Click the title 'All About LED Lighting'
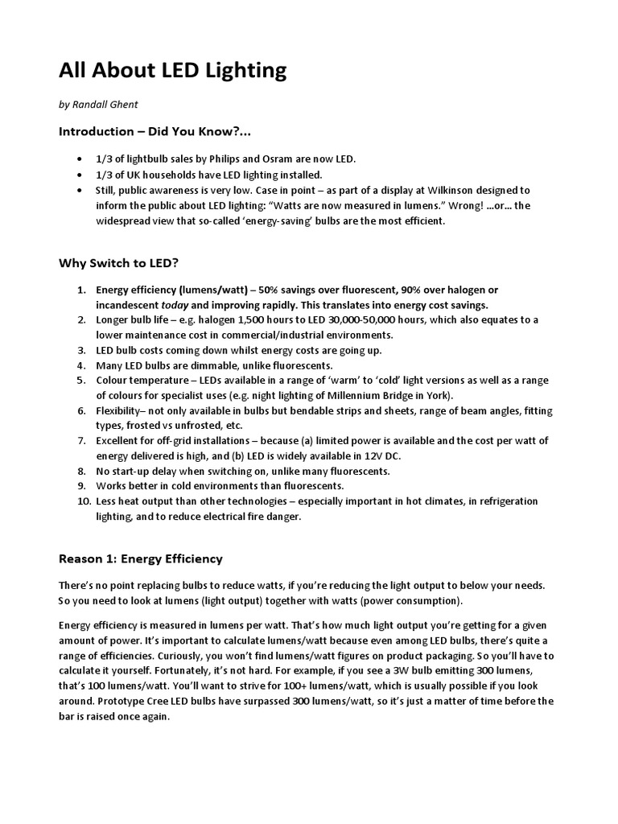(x=172, y=71)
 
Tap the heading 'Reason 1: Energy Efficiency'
(x=141, y=558)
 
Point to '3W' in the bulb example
(x=431, y=670)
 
